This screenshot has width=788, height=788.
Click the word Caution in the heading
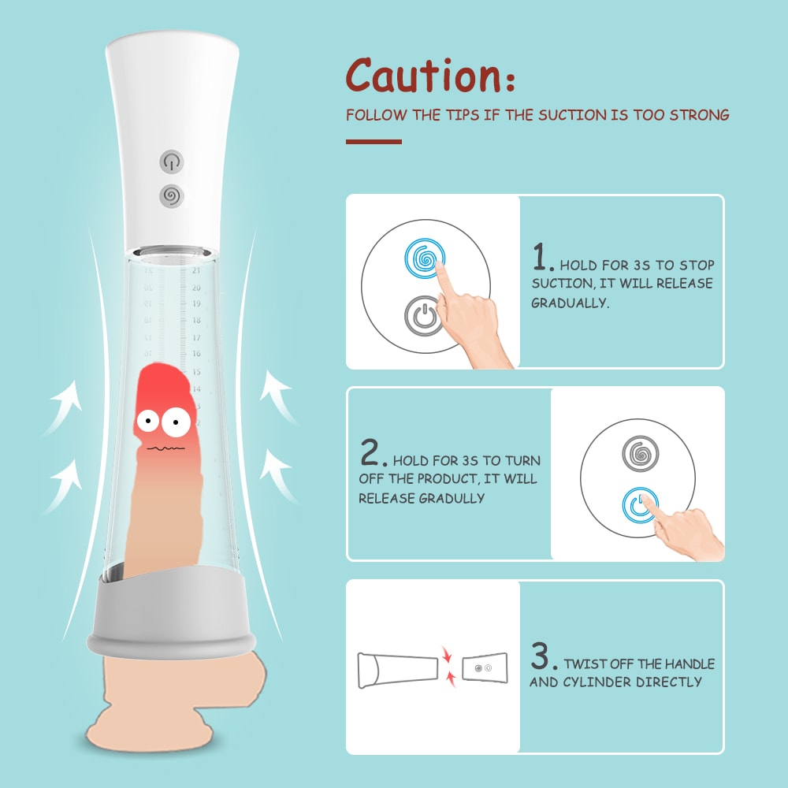423,76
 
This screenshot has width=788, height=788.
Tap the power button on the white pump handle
171,162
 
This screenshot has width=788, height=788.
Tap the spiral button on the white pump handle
171,195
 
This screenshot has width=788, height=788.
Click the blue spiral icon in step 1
425,258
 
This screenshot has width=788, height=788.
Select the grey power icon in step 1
424,316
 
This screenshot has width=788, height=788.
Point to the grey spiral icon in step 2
640,453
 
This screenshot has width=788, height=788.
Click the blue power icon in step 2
640,504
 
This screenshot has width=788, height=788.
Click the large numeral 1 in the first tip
541,257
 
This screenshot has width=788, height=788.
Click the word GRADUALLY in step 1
570,303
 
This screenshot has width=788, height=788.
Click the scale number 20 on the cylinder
196,288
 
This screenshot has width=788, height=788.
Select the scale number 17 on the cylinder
196,338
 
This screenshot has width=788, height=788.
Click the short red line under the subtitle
374,142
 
